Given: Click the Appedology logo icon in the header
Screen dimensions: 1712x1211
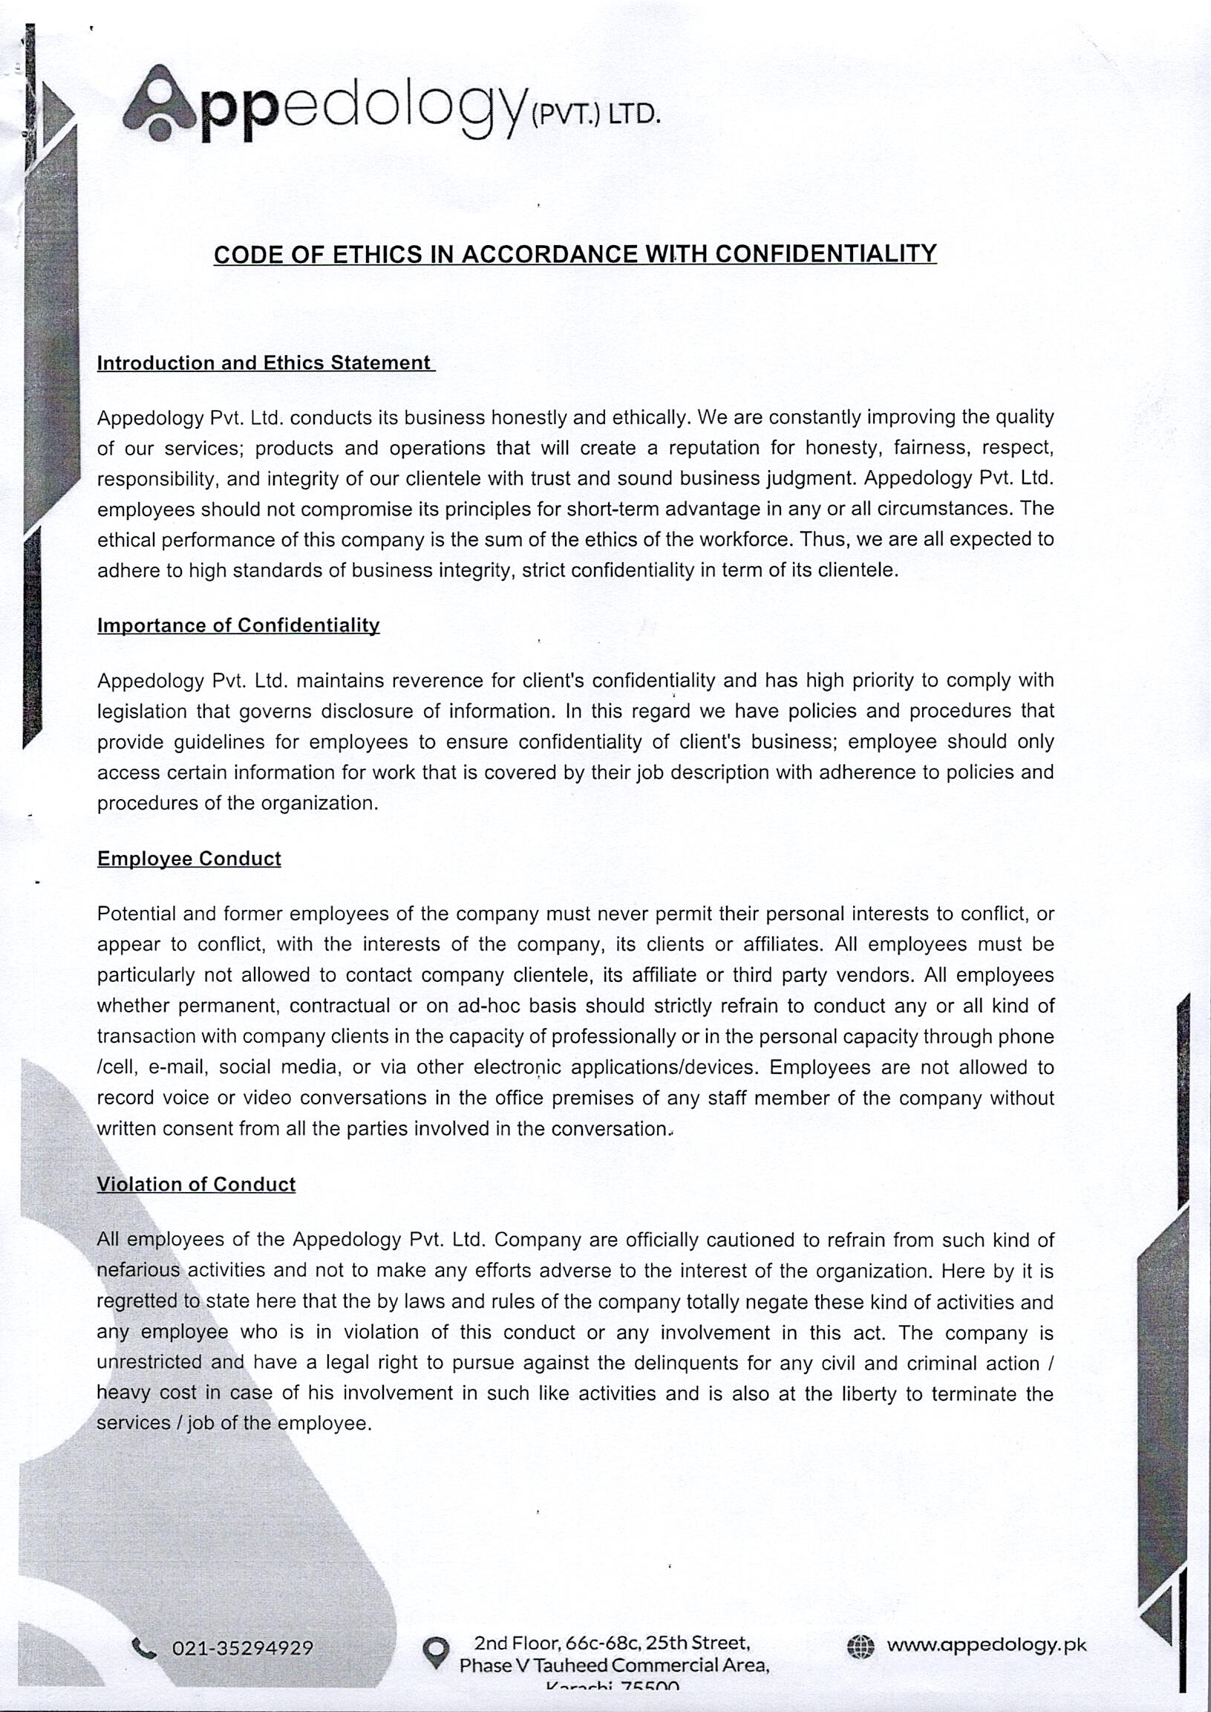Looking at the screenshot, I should pos(159,105).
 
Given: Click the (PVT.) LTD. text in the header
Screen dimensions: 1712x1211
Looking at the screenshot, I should pos(594,115).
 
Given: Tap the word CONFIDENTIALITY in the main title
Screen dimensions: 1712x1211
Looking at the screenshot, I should pos(826,253).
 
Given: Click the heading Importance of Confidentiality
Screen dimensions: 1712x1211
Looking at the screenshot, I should pos(238,625).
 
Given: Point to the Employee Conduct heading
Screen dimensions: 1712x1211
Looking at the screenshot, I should pos(189,859).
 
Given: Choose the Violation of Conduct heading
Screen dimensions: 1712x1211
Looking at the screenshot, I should pos(196,1185).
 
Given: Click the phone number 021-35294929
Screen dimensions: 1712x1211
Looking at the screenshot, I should pos(242,1648).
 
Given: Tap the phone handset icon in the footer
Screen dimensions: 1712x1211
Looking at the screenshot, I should pos(143,1648).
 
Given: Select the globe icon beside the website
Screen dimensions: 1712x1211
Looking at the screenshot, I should pos(860,1647).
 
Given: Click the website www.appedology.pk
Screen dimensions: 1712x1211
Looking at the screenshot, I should pos(986,1646).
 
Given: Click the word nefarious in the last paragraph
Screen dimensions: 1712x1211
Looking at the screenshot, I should pos(139,1270).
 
